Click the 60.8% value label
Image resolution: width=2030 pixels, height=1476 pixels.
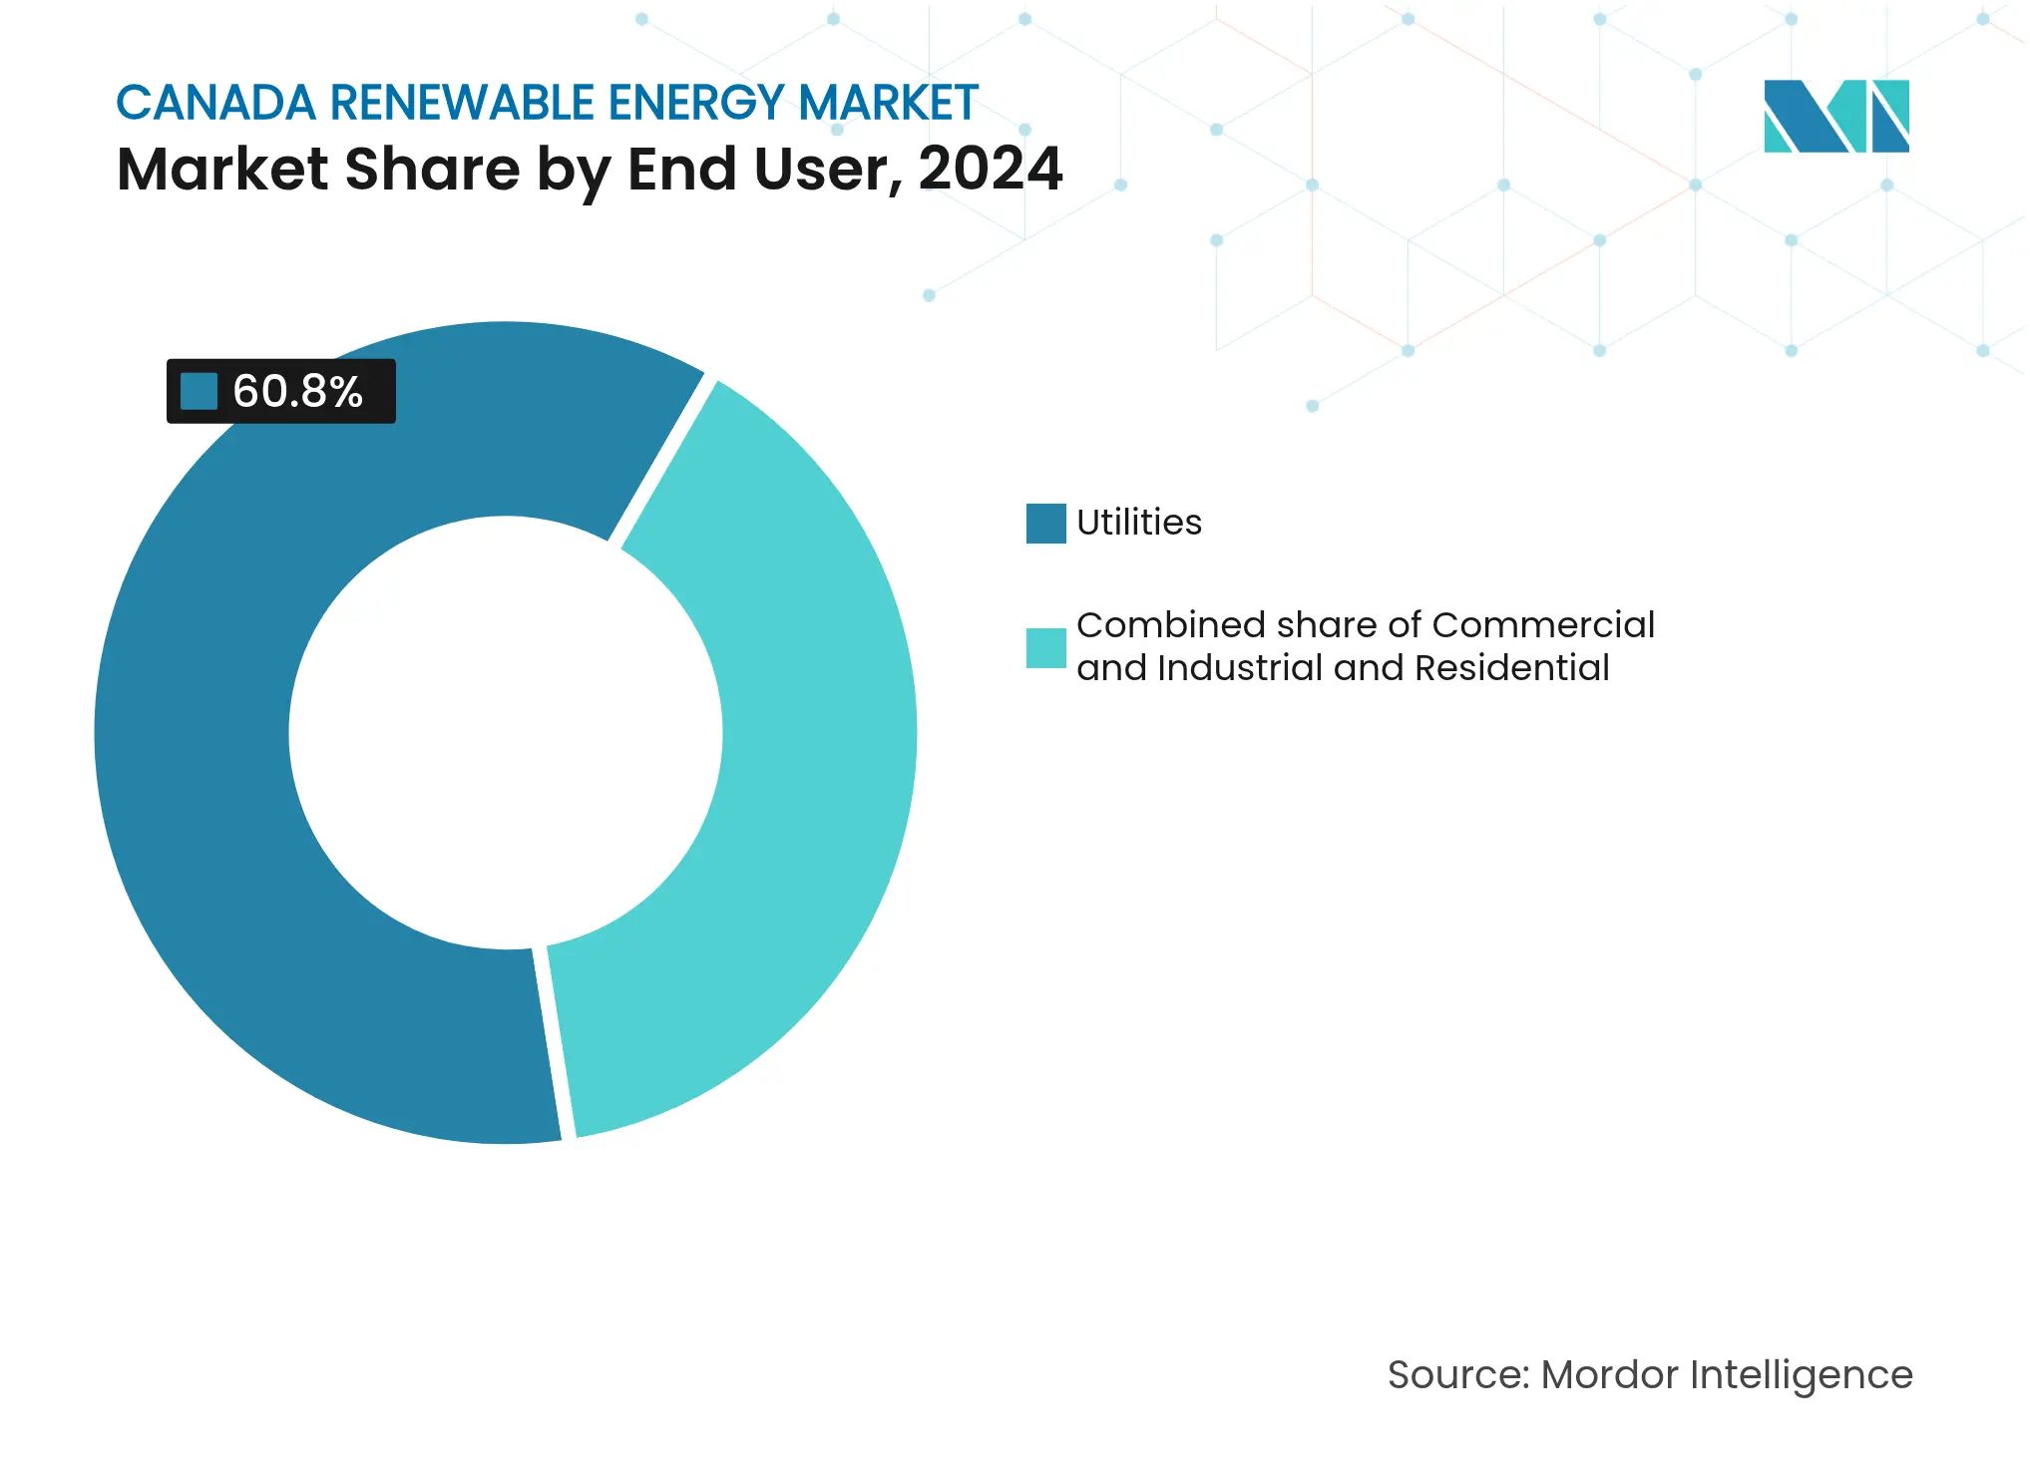click(297, 392)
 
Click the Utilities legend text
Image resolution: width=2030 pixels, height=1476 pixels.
click(1139, 523)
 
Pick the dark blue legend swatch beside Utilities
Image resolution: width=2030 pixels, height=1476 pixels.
click(1045, 524)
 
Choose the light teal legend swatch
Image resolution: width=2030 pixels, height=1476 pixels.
click(1045, 648)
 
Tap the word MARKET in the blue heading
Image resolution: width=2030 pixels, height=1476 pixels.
click(888, 103)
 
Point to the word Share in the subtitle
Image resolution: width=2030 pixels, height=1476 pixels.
click(432, 169)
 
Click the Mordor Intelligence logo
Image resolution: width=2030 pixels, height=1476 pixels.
click(1835, 116)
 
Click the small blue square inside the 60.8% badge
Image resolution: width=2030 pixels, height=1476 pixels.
click(199, 392)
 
